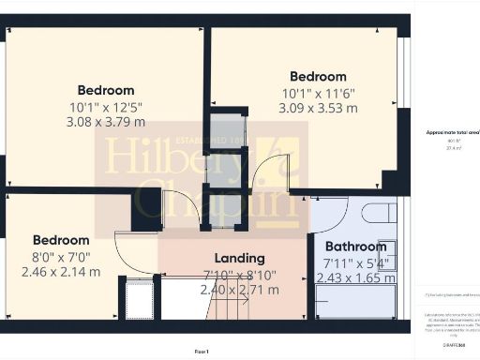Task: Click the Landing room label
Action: pyautogui.click(x=240, y=258)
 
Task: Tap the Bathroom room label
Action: pyautogui.click(x=355, y=246)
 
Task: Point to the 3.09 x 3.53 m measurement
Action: pyautogui.click(x=318, y=108)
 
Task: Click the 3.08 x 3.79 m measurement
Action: pyautogui.click(x=106, y=121)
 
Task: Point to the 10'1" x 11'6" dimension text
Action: pyautogui.click(x=318, y=93)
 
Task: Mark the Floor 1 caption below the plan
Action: pyautogui.click(x=202, y=351)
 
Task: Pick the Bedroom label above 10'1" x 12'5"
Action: pyautogui.click(x=106, y=90)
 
